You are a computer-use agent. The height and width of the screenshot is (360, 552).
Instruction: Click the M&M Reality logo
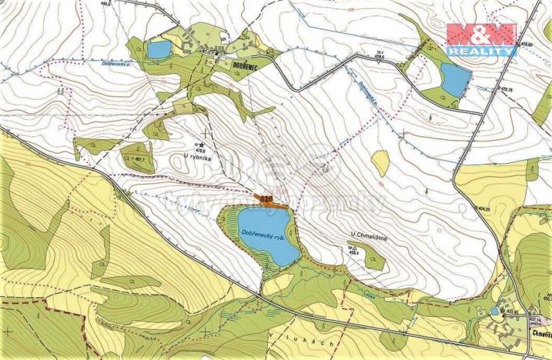481,38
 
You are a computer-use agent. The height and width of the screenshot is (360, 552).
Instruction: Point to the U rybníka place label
197,157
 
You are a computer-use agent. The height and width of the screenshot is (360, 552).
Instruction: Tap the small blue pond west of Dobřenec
159,51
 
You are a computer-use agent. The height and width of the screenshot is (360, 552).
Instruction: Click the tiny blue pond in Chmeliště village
494,311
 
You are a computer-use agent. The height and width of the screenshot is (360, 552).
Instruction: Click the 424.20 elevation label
483,208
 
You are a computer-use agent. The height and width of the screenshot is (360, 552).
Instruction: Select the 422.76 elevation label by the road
507,90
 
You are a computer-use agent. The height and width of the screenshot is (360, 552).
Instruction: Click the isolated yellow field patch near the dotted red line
380,162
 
